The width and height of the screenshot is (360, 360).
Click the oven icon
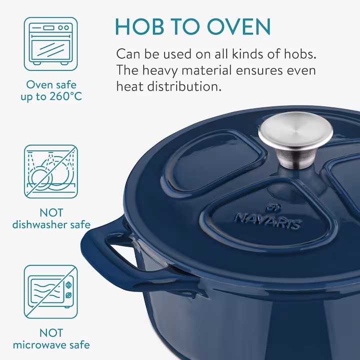coord(50,44)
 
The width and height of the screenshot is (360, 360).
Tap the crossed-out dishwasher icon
coord(50,171)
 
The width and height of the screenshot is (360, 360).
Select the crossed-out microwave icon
coord(50,292)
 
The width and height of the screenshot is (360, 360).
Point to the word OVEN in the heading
coord(239,26)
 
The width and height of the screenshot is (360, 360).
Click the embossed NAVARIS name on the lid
coord(267,221)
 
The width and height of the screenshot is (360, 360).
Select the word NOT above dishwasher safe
coord(51,212)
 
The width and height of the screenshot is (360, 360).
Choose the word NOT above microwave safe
coord(51,333)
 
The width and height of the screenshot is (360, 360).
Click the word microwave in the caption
coord(37,345)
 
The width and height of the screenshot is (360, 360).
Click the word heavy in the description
coord(160,70)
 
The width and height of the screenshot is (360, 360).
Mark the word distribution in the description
coord(184,87)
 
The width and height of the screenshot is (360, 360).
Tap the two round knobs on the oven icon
coord(63,27)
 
